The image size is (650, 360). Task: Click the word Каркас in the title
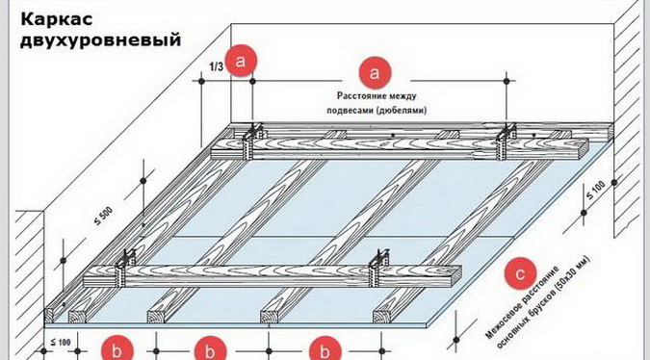pos(57,19)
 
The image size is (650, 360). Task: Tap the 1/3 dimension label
pos(216,66)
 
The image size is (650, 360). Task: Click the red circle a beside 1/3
pos(241,61)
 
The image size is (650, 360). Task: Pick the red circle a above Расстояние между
pos(375,72)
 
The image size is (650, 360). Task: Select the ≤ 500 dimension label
pos(103,216)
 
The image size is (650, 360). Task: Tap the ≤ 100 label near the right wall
pos(595,190)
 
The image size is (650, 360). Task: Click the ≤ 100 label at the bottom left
pos(61,342)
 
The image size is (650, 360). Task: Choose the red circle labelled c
pos(520,273)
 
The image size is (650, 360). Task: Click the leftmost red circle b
pos(117,350)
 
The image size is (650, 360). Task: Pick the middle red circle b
pos(210,350)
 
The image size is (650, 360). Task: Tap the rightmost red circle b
pos(325,350)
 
